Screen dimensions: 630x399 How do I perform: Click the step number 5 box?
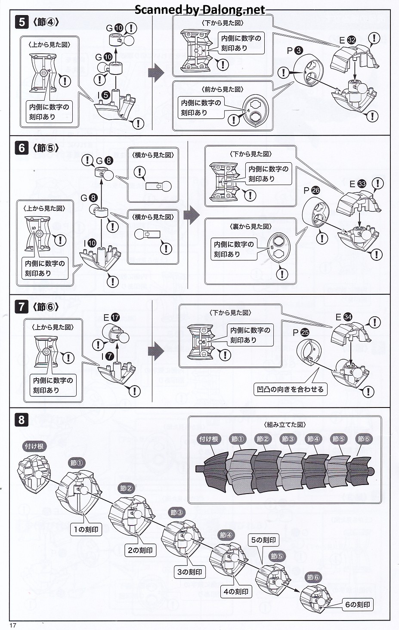(22, 22)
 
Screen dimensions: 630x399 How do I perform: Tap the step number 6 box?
(22, 148)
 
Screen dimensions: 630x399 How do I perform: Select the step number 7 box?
(22, 307)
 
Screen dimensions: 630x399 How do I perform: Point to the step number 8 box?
(22, 420)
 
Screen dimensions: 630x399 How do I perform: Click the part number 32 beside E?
(351, 40)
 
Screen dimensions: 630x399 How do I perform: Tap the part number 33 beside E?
(362, 184)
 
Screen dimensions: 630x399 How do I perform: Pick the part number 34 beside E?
(348, 317)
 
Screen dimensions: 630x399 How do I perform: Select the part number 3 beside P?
(298, 51)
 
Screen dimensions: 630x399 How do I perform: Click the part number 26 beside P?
(315, 190)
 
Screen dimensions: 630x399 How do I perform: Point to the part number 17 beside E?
(115, 317)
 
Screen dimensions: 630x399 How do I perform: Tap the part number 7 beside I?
(109, 356)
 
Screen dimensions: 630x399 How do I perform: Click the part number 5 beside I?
(105, 96)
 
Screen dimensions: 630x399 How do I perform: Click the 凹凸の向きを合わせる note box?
(290, 389)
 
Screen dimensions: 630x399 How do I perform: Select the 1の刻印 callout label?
(86, 529)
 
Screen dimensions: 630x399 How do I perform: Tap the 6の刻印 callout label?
(357, 605)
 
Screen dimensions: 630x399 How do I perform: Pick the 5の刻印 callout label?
(263, 540)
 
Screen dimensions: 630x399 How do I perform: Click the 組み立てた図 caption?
(285, 424)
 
